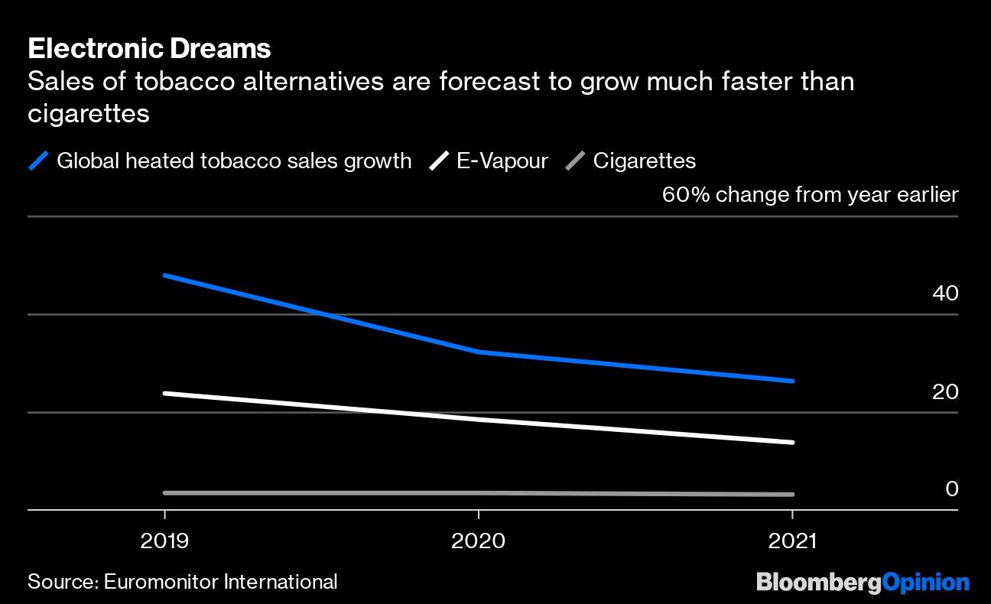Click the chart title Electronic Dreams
point(149,49)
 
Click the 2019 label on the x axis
point(164,541)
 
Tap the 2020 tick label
point(478,541)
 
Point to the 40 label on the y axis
point(945,294)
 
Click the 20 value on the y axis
point(945,391)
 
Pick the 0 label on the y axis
point(952,489)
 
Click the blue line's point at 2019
point(165,275)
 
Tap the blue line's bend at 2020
point(479,352)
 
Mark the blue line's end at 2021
point(792,381)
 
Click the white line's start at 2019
point(165,393)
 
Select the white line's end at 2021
point(792,442)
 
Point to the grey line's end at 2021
point(792,495)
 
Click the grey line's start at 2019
point(165,493)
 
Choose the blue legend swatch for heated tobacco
point(39,161)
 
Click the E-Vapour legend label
point(502,161)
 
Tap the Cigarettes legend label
point(644,161)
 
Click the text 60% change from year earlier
point(810,195)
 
